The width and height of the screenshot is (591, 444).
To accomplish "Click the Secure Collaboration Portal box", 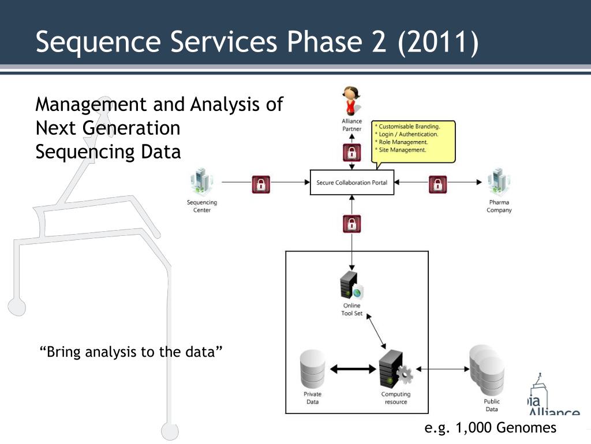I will click(x=351, y=182).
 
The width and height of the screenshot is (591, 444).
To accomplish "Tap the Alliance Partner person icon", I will click(x=351, y=101).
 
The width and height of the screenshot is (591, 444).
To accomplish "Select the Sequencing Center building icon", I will click(x=202, y=182).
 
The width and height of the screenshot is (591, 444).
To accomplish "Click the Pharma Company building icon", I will click(x=499, y=182).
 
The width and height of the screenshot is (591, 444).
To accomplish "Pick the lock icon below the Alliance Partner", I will click(x=351, y=153).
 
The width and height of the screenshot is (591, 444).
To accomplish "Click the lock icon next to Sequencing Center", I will click(x=261, y=184).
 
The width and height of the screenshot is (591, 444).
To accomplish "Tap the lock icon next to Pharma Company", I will click(x=438, y=184).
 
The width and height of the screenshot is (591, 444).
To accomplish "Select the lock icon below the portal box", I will click(x=351, y=223).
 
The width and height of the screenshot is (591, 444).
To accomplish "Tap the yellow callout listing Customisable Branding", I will click(x=414, y=141).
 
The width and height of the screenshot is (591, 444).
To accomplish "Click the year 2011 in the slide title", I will click(x=438, y=43).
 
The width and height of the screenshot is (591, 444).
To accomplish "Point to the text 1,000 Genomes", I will click(x=506, y=428).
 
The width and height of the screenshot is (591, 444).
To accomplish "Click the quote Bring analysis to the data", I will click(x=132, y=352).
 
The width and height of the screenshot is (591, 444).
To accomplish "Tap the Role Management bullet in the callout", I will click(x=402, y=142).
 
